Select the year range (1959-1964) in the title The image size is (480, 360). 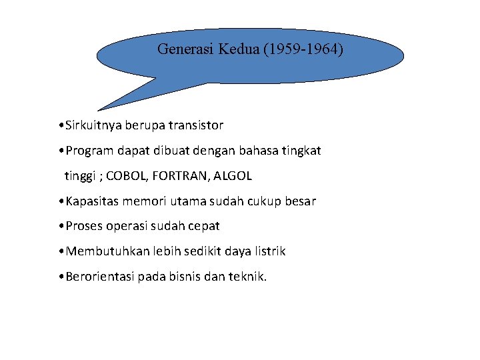[x=303, y=49]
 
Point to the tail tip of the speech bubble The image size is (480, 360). [x=99, y=109]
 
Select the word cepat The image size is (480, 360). [x=202, y=227]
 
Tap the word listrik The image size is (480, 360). [x=268, y=252]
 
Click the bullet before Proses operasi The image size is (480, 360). [x=61, y=227]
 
